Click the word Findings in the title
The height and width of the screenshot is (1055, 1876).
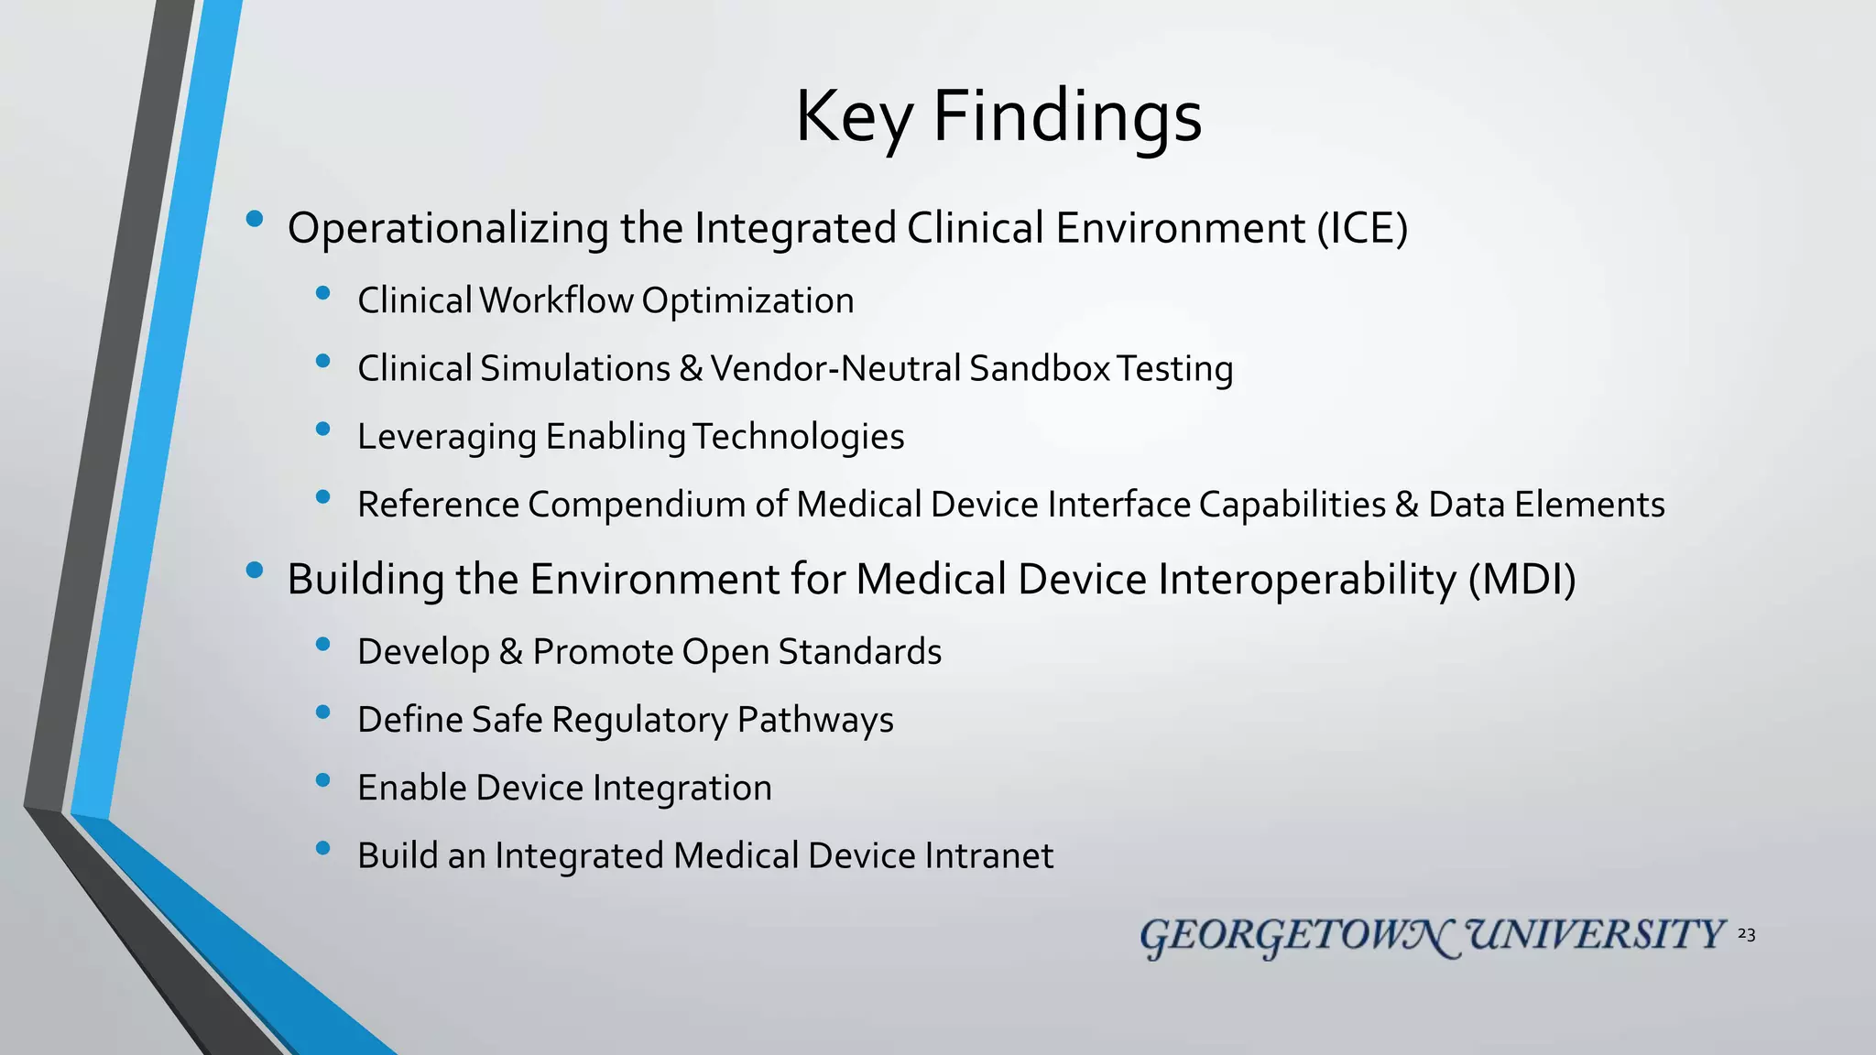(x=1066, y=117)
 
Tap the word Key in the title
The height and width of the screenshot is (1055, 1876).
(x=854, y=117)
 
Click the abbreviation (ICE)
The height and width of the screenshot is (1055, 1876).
(x=1362, y=228)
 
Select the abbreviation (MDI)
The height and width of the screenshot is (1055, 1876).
(x=1521, y=580)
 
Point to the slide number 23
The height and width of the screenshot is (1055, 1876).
(x=1746, y=934)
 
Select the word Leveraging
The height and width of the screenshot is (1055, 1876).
(x=447, y=438)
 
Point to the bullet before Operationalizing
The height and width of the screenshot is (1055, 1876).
(x=255, y=219)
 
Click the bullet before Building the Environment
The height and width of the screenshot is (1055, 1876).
(x=255, y=571)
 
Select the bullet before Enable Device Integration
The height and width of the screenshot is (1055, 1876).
(x=322, y=780)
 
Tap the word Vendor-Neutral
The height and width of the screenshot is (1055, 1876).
(x=835, y=369)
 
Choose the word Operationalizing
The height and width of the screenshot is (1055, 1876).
(x=448, y=229)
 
